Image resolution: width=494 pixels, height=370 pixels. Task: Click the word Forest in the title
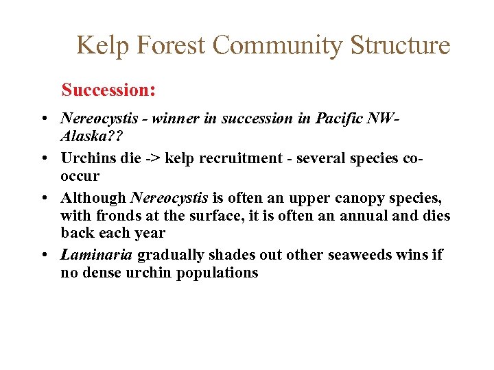click(x=174, y=45)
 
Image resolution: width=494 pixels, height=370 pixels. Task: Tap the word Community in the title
click(x=278, y=45)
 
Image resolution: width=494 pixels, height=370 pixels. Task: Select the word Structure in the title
click(x=400, y=45)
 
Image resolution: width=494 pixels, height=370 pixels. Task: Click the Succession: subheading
click(x=109, y=90)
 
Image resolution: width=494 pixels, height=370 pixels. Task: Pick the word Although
click(x=93, y=198)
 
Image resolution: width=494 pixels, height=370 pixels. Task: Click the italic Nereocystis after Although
click(x=169, y=198)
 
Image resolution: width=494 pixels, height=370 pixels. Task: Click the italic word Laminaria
click(x=97, y=255)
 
